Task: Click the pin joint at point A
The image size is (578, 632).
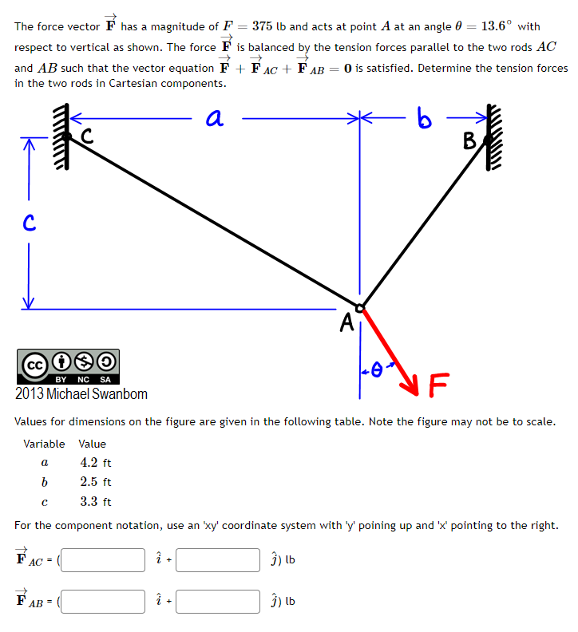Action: (x=360, y=307)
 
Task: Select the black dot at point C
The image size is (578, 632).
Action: (x=69, y=138)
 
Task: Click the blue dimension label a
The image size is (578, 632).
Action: (x=213, y=118)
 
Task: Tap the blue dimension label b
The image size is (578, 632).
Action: (x=425, y=120)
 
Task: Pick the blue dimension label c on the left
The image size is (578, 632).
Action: (x=27, y=223)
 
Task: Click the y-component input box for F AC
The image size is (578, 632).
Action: (x=218, y=559)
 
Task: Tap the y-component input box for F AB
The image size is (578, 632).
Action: (x=218, y=601)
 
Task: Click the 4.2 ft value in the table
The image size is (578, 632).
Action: (x=96, y=463)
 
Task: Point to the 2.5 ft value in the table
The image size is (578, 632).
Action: (x=96, y=482)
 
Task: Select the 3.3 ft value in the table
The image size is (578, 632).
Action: (x=96, y=502)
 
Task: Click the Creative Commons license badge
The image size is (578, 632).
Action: (x=68, y=365)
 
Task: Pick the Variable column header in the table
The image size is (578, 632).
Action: (x=44, y=444)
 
